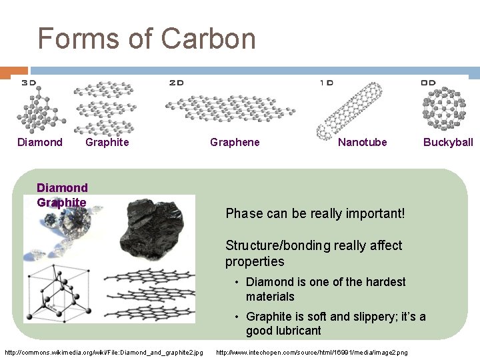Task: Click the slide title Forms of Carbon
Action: pos(147,38)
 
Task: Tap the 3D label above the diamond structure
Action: pos(29,83)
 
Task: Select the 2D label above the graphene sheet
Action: pos(176,83)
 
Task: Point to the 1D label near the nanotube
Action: pos(327,83)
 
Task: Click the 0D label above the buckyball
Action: pos(428,83)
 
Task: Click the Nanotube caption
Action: pos(362,142)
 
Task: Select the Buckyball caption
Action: pos(448,142)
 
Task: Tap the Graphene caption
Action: pos(235,142)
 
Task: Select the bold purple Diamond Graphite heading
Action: pos(62,195)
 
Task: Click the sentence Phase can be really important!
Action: pos(315,213)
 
